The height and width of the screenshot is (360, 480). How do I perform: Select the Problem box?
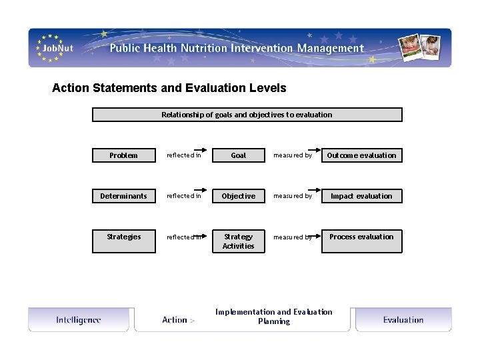coord(123,155)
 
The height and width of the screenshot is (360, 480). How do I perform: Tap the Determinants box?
coord(123,196)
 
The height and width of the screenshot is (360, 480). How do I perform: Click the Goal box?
coord(238,155)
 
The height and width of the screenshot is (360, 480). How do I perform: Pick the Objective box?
coord(238,196)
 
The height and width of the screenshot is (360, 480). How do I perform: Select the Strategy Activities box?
coord(238,241)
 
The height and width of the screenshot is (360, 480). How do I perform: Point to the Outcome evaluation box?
coord(361,155)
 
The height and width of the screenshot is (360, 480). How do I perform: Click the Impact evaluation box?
coord(361,196)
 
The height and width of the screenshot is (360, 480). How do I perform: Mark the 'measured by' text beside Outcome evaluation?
coord(292,155)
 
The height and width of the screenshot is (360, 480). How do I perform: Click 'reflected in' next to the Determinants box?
coord(183,196)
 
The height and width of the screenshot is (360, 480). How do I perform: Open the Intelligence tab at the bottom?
coord(79,320)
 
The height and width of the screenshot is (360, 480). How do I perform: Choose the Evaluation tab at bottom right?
coord(403,320)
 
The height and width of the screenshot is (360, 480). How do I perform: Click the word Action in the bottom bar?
coord(175,320)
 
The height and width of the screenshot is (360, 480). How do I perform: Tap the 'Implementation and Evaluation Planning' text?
coord(273,317)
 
